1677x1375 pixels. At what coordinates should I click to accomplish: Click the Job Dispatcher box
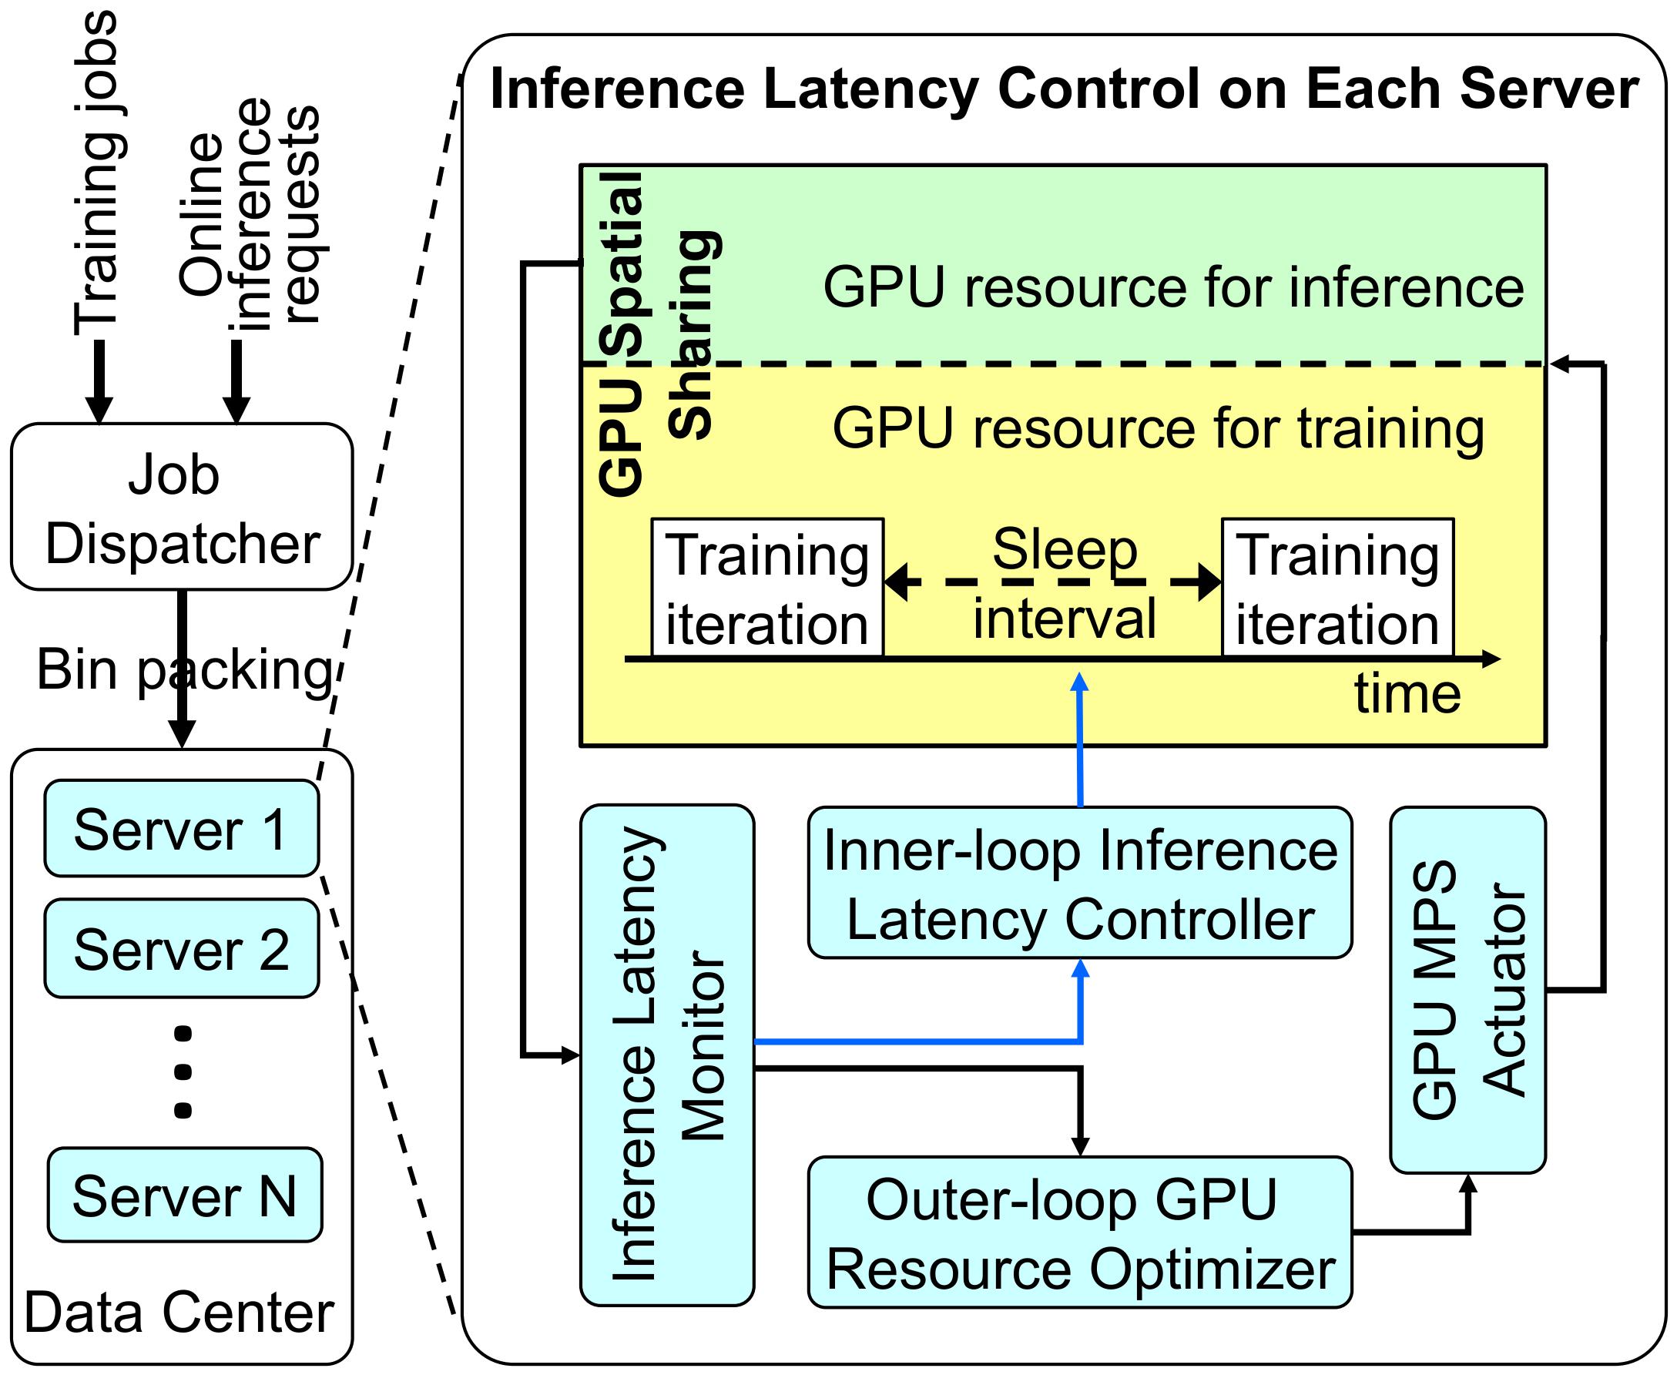point(181,508)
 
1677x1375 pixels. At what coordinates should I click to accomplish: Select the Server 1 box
point(181,830)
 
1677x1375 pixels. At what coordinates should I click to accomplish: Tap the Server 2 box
point(181,948)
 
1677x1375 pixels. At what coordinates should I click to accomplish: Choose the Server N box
point(185,1195)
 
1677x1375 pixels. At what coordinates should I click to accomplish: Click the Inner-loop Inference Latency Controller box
point(1080,883)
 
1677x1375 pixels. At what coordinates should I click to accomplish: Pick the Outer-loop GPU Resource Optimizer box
point(1080,1232)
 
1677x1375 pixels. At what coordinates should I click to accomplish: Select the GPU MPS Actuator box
point(1468,989)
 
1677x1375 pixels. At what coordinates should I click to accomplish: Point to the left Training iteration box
point(766,589)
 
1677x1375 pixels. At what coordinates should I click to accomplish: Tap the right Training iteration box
point(1337,589)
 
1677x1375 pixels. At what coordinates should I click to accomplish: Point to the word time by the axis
point(1407,694)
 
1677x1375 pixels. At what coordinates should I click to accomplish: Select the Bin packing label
point(184,669)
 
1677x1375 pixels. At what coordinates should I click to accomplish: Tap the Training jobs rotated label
point(96,174)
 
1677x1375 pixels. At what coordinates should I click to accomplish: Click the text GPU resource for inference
point(1173,287)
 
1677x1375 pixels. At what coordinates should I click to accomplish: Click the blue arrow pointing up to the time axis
point(1080,740)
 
